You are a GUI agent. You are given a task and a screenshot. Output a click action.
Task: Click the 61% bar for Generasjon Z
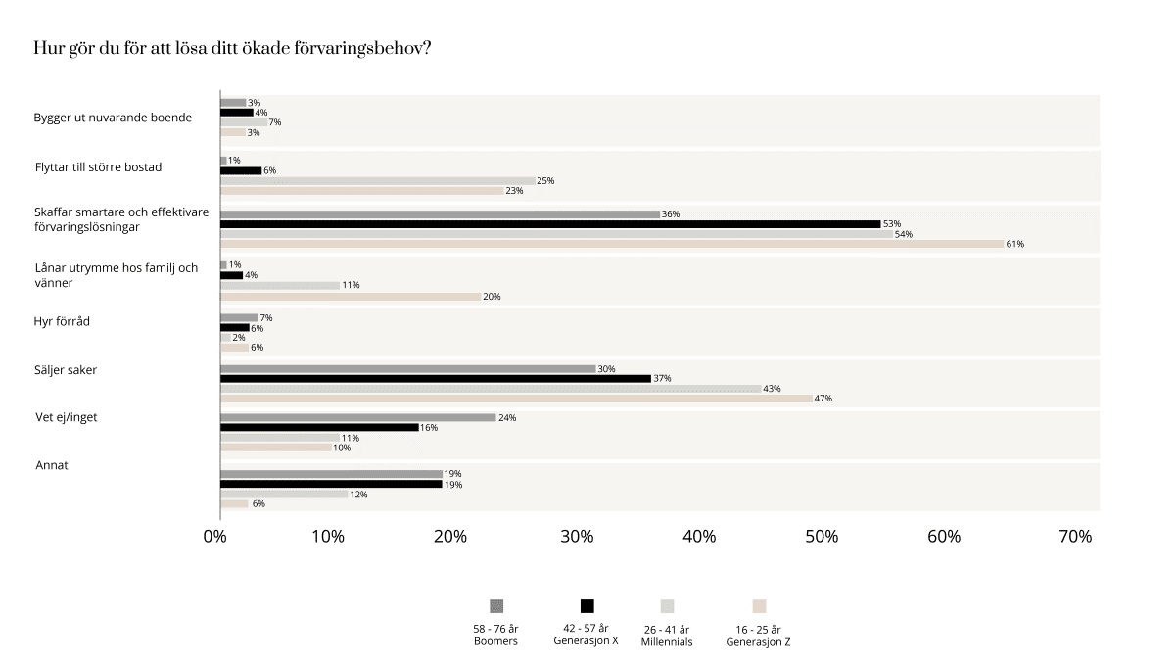click(612, 244)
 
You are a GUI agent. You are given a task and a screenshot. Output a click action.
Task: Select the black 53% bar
click(550, 224)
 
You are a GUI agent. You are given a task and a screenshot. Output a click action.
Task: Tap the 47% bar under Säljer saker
click(516, 399)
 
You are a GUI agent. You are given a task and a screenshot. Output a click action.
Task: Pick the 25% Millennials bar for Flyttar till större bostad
click(378, 181)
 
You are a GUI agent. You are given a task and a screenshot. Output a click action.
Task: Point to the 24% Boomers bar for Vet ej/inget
click(358, 417)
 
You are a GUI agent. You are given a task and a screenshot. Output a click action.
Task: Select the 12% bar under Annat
click(284, 495)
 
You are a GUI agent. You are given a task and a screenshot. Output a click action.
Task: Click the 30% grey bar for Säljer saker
click(407, 369)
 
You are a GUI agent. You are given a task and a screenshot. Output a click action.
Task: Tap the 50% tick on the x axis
click(822, 537)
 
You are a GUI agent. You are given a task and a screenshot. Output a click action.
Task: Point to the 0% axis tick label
click(214, 537)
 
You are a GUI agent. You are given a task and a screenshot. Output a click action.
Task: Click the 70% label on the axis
click(1075, 537)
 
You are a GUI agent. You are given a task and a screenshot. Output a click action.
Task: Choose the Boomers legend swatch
click(495, 606)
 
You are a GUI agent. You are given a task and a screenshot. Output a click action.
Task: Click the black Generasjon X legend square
click(587, 606)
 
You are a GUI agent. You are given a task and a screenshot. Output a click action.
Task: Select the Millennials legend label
click(667, 636)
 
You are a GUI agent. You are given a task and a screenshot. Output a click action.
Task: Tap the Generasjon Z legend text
click(758, 636)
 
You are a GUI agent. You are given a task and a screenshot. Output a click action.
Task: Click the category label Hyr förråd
click(62, 321)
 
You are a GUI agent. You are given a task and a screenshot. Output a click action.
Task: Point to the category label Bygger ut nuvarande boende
click(113, 118)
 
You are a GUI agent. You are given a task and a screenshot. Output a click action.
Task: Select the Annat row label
click(52, 465)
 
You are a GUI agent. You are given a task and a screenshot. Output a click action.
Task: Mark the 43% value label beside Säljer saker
click(772, 389)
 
